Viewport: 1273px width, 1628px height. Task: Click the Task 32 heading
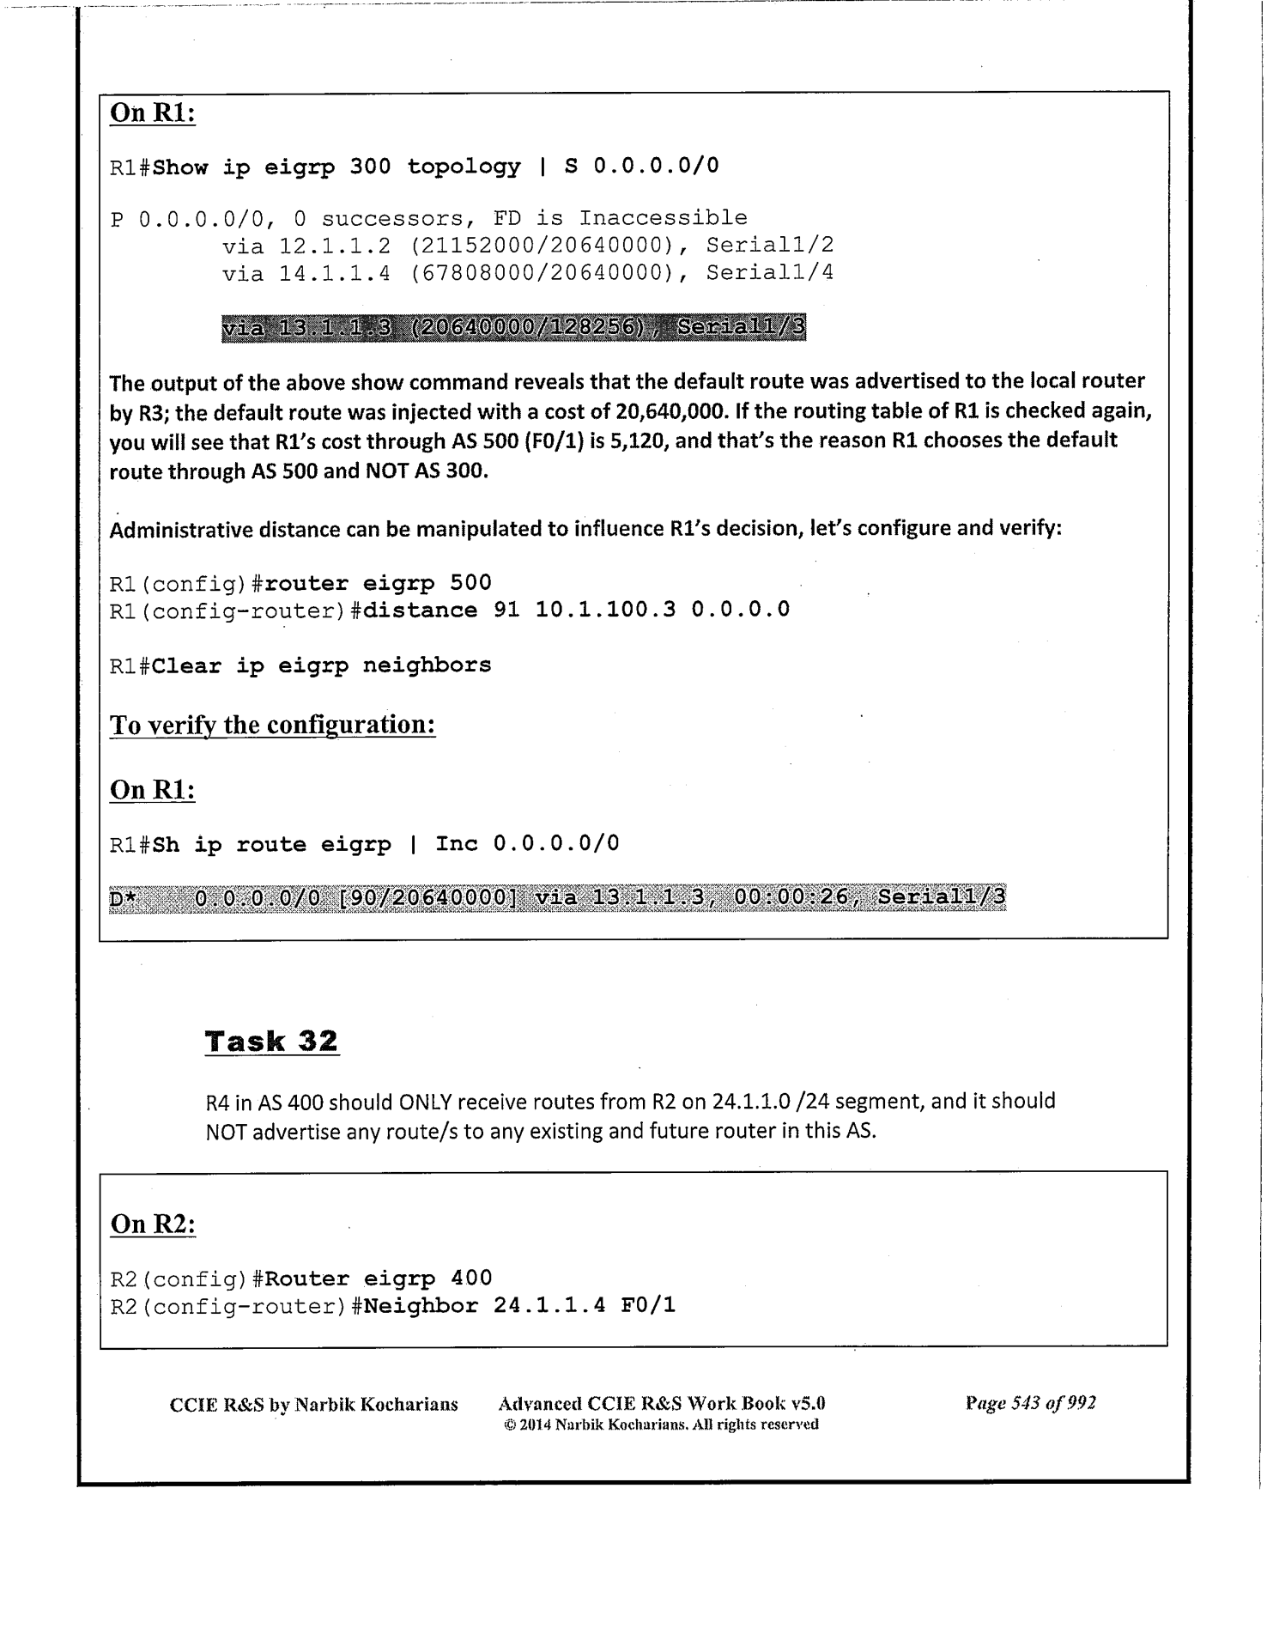[271, 1042]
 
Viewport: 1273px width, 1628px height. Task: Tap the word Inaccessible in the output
[663, 218]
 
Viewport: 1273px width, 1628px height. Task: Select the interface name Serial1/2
[770, 246]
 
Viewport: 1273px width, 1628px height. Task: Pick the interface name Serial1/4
[770, 274]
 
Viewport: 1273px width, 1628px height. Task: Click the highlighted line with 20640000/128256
[513, 328]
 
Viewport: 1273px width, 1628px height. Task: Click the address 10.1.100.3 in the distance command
[605, 610]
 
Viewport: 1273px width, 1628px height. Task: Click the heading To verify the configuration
[272, 726]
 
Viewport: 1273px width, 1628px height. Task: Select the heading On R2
[153, 1224]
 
